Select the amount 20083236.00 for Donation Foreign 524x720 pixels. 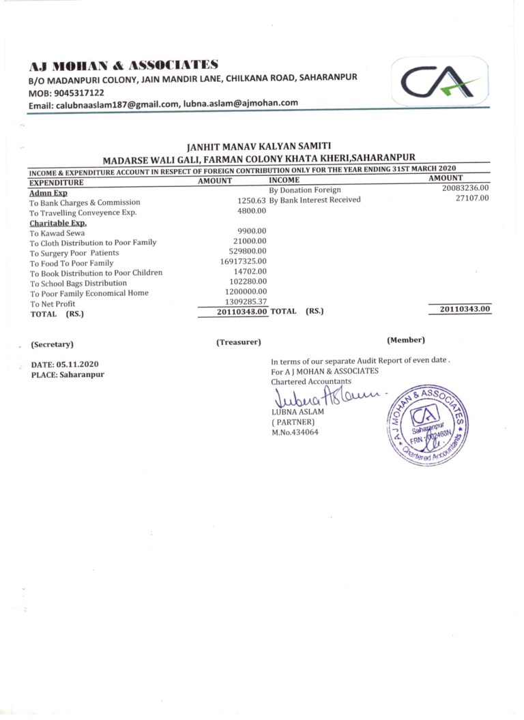pos(465,189)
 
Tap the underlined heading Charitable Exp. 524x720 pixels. pos(57,222)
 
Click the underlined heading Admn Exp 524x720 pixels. pos(48,193)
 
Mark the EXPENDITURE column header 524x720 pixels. pos(56,182)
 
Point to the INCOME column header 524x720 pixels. pos(284,180)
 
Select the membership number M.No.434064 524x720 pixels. pos(294,432)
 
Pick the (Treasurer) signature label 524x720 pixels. pos(238,342)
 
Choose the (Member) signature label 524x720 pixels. pos(405,340)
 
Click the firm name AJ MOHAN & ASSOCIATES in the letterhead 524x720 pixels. pos(123,66)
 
